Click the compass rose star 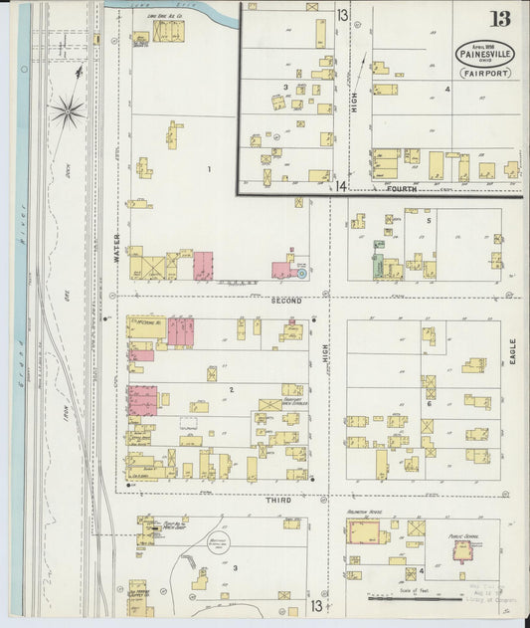click(69, 111)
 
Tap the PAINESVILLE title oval click(485, 54)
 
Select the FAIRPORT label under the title click(485, 73)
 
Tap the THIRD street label click(278, 500)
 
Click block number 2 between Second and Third click(231, 389)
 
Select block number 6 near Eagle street click(430, 403)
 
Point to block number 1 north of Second click(209, 169)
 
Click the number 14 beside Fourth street click(341, 186)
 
